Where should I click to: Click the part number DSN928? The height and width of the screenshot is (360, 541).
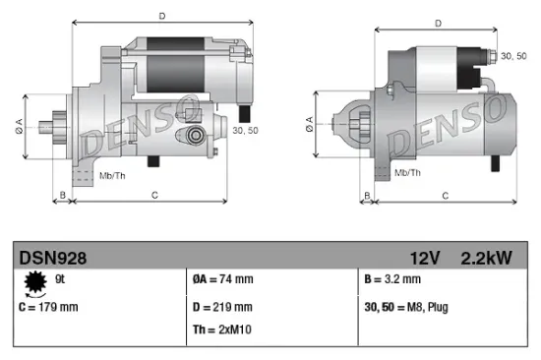[x=53, y=259]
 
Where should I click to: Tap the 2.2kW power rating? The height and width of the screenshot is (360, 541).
[x=485, y=259]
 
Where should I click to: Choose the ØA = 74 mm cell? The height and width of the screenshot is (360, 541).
[x=223, y=278]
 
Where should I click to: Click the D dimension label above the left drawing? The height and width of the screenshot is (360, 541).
[x=161, y=15]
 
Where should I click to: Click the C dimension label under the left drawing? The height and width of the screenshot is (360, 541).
[x=155, y=196]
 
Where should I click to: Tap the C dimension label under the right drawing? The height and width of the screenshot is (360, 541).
[x=445, y=196]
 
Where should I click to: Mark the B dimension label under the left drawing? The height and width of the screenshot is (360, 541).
[x=62, y=196]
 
